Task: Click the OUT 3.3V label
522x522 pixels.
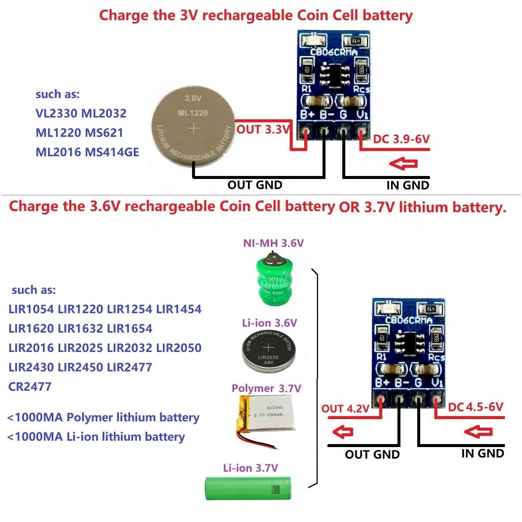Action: coord(263,130)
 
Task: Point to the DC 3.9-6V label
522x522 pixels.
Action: coord(402,139)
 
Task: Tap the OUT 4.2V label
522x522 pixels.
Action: coord(345,409)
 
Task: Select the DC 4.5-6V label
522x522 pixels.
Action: coord(475,407)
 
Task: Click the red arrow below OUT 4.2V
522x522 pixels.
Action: coord(343,432)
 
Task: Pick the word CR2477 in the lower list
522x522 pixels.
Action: coord(30,387)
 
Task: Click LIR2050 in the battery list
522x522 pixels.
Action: coord(179,348)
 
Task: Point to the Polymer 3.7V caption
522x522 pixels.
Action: coord(266,388)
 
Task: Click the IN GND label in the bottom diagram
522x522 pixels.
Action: coord(482,453)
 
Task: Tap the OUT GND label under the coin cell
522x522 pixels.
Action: coord(255,185)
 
